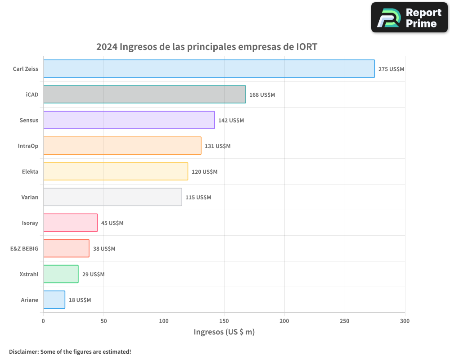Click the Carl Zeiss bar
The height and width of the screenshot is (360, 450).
coord(209,69)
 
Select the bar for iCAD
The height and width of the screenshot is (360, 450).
coord(144,94)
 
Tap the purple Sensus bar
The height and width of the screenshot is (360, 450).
coord(129,120)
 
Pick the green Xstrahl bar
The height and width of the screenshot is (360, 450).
coord(61,274)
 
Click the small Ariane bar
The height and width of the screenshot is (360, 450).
coord(54,300)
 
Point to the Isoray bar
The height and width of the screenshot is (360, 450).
coord(70,223)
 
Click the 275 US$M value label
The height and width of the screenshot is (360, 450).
coord(391,69)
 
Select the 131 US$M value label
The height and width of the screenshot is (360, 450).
coord(217,146)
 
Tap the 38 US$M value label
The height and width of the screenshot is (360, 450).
coord(104,249)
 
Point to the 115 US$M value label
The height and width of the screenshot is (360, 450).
coord(198,198)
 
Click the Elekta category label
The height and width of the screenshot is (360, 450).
coord(30,172)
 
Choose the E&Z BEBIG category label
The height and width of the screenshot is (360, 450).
coord(24,249)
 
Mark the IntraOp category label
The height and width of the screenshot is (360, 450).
coord(28,146)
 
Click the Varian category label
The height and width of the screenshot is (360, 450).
coord(30,198)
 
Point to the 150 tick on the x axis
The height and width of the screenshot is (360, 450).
coord(224,321)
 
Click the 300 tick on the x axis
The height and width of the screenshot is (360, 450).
coord(405,321)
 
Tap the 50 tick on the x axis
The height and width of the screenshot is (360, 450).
coord(103,321)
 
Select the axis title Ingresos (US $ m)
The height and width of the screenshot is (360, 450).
coord(224,332)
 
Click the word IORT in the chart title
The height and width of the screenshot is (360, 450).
coord(307,47)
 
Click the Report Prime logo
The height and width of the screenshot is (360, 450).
coord(409,18)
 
